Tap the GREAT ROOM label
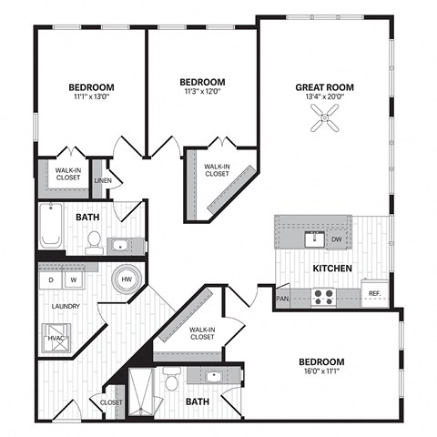point(324,88)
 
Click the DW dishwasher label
point(337,239)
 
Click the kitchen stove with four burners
point(324,294)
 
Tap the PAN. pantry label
point(283,298)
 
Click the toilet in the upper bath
point(93,240)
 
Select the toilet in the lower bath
point(171,379)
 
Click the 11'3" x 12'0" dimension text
point(201,91)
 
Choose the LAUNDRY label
point(65,306)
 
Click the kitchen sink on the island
point(315,239)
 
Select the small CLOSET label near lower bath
point(111,401)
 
